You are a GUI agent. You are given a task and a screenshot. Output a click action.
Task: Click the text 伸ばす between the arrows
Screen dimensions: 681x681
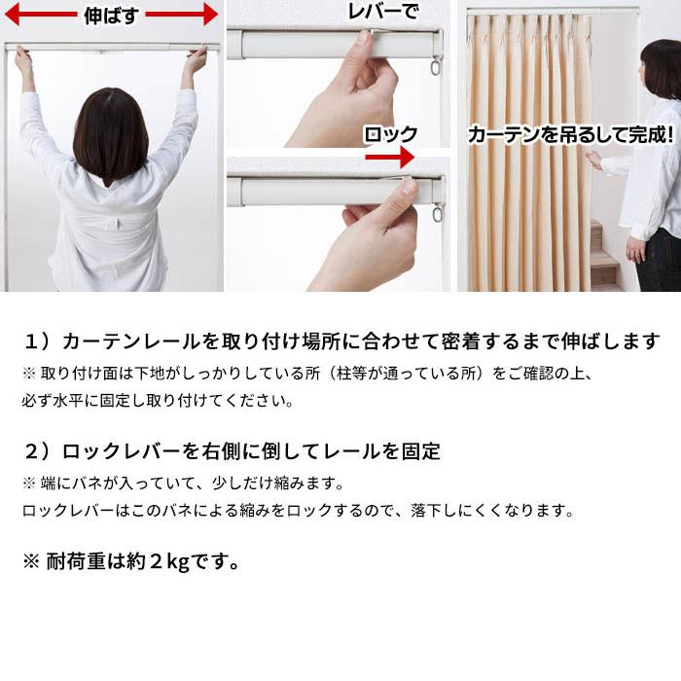112,15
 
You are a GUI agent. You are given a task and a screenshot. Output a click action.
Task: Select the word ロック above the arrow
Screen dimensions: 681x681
390,134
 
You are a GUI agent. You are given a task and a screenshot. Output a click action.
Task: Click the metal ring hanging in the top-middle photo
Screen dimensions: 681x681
435,69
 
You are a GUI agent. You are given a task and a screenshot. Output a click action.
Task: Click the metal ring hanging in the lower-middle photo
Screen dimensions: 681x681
437,212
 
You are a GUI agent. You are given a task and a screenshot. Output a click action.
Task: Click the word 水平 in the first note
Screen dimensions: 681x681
78,400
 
